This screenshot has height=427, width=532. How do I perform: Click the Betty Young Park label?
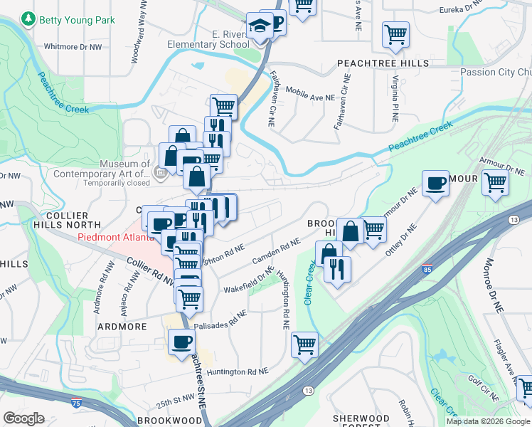77,21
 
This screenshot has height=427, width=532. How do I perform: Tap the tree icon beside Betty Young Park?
28,20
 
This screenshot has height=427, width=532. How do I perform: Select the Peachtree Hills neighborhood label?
383,63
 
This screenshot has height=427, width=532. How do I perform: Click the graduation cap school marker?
257,26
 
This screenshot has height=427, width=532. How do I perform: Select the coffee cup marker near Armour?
435,184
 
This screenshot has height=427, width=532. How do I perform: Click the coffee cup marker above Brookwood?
181,341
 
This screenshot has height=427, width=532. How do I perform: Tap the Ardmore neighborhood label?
123,327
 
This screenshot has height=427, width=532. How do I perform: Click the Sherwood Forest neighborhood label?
361,421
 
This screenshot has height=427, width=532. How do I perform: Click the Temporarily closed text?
117,183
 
